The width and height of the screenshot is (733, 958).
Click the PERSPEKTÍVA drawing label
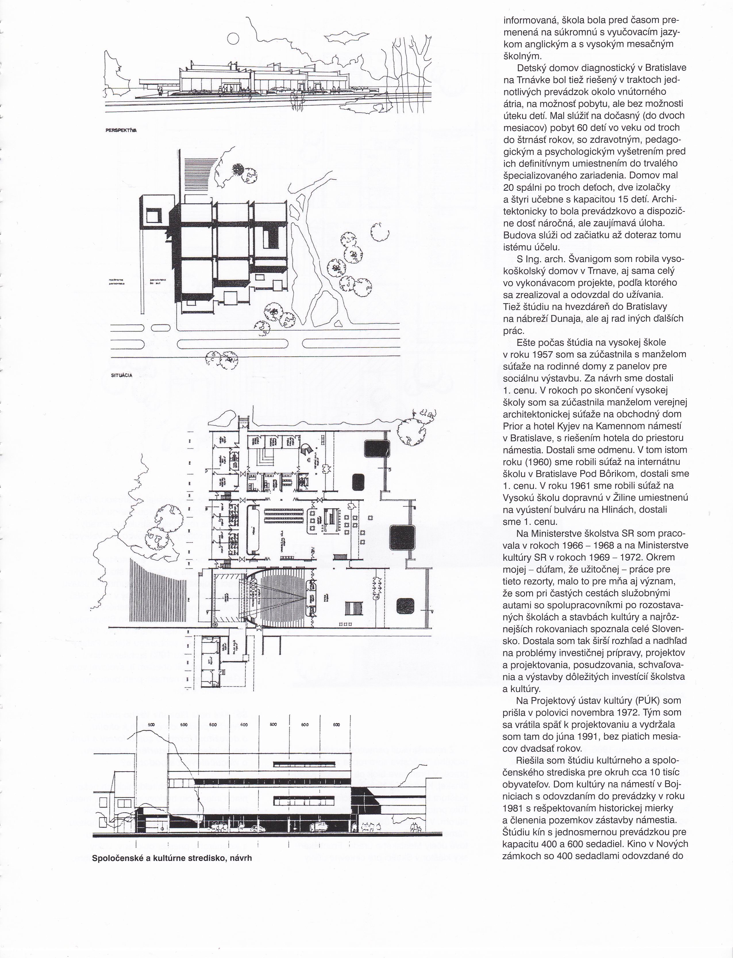click(x=121, y=130)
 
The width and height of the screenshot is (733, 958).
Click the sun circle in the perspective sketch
click(x=233, y=39)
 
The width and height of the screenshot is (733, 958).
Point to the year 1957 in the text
click(x=540, y=354)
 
